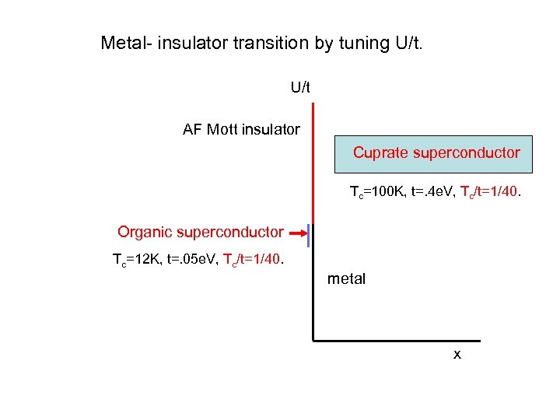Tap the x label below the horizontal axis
click(457, 355)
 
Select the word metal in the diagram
click(347, 278)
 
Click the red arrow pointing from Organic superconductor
click(296, 232)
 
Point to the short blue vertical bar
click(309, 236)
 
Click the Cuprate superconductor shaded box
click(433, 153)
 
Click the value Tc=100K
click(377, 191)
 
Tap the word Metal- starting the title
click(126, 44)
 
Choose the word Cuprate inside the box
click(380, 152)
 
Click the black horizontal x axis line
click(397, 340)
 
